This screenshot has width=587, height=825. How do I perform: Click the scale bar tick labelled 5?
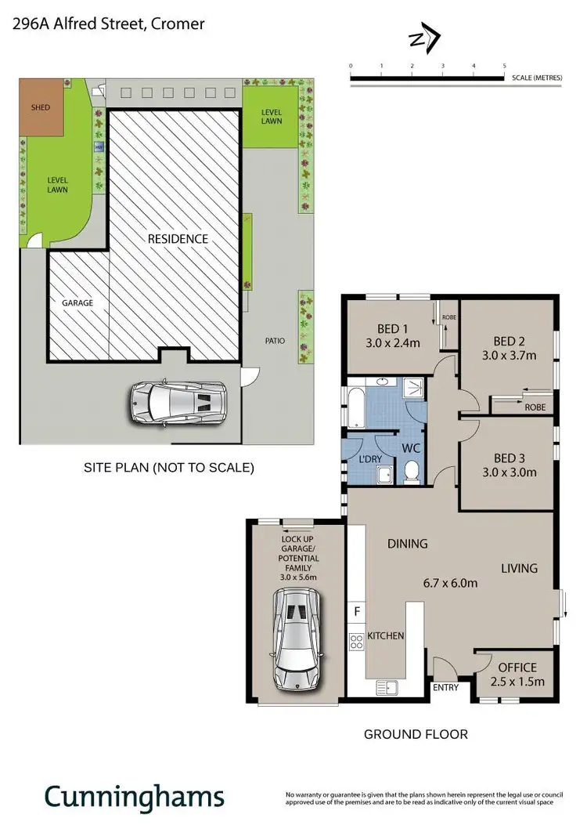click(x=504, y=66)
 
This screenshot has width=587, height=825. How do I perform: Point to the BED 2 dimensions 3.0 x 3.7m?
click(x=510, y=355)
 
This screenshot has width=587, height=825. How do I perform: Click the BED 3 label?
click(x=509, y=458)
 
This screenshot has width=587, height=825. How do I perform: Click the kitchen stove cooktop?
click(x=357, y=642)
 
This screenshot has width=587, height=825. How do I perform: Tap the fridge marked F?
click(x=358, y=610)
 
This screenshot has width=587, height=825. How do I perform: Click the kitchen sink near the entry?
click(x=387, y=687)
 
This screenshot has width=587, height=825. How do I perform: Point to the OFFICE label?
click(x=516, y=667)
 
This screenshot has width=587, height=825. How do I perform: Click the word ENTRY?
click(x=445, y=689)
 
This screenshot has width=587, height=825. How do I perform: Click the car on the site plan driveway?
click(x=178, y=403)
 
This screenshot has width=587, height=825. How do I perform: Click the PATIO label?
click(x=275, y=341)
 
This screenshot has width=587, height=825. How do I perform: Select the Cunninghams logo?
click(x=134, y=795)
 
